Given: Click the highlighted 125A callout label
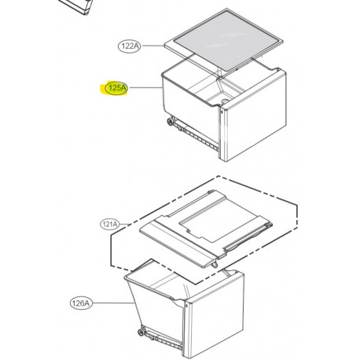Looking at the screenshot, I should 115,90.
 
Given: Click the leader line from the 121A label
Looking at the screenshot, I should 130,226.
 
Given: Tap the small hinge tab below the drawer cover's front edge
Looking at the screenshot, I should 214,265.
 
